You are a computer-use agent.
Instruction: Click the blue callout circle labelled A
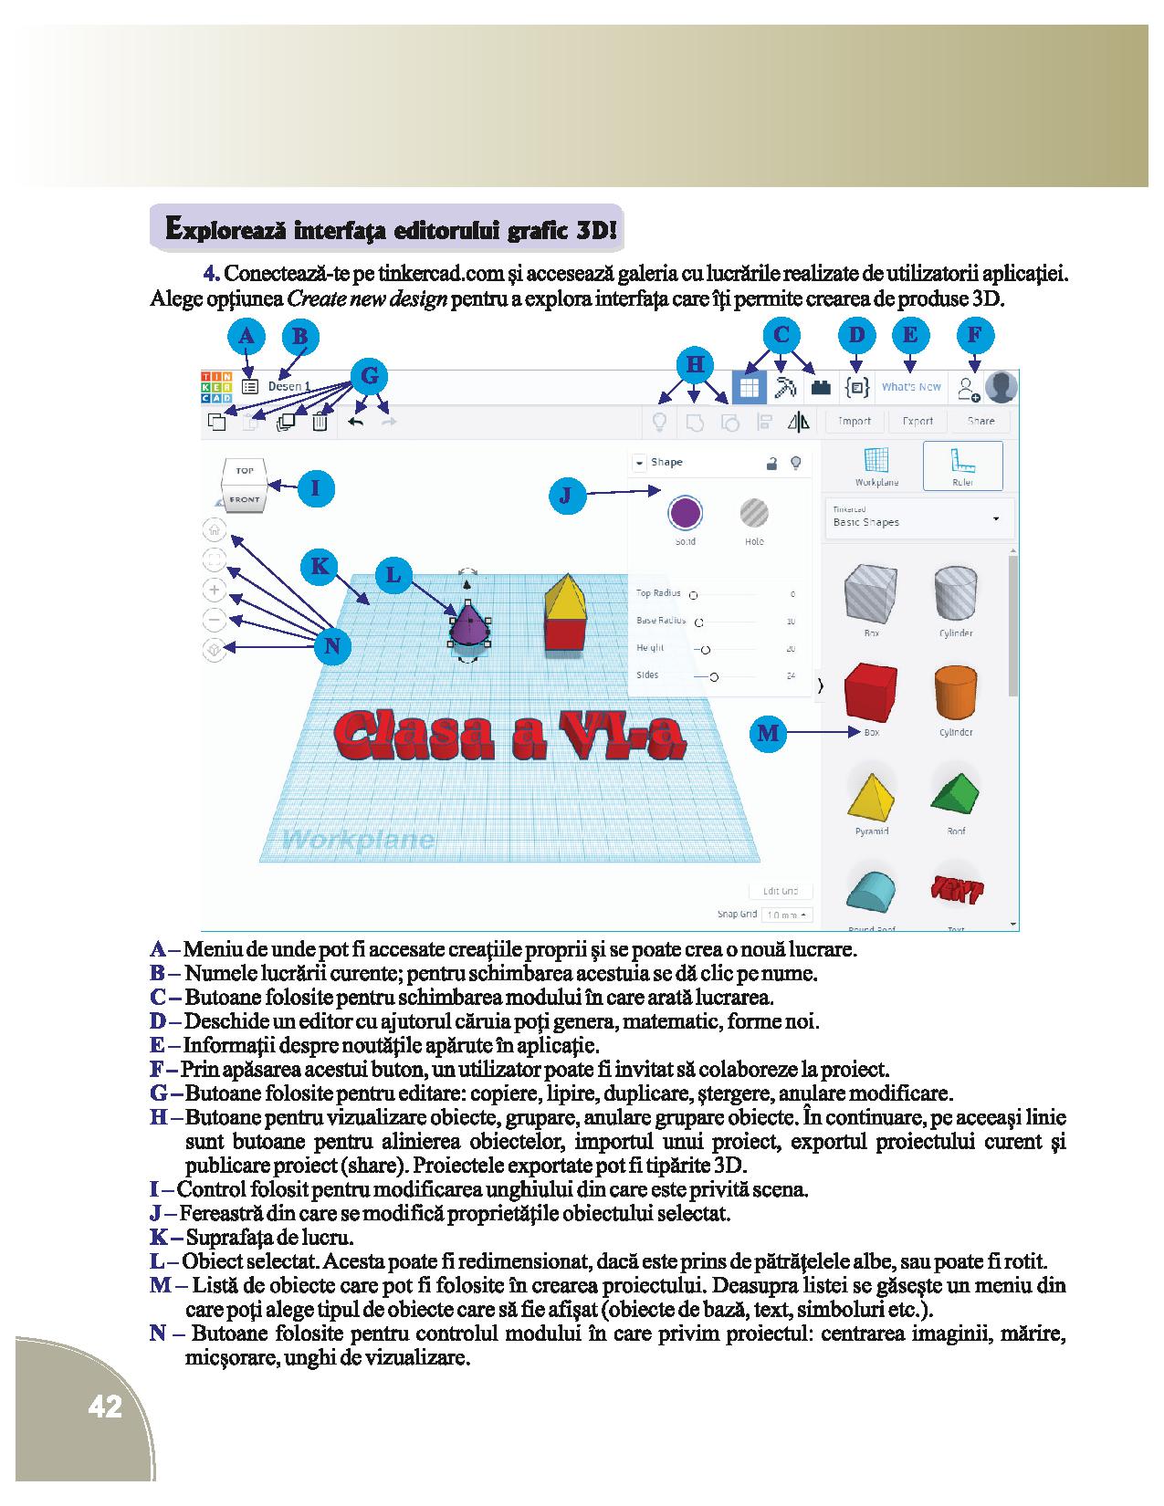[x=246, y=337]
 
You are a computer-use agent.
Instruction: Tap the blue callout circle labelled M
[x=769, y=732]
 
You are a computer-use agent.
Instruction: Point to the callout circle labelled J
[x=566, y=496]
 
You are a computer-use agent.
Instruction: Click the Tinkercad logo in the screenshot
[x=216, y=386]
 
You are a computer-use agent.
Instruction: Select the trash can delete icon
[x=320, y=422]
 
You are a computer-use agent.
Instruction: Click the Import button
[x=855, y=421]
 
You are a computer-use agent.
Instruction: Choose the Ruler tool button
[x=962, y=467]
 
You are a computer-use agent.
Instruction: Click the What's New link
[x=911, y=387]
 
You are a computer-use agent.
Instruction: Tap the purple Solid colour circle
[x=685, y=513]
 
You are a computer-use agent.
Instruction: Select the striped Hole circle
[x=754, y=513]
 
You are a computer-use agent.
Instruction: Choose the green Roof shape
[x=955, y=792]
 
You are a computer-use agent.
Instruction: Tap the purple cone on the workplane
[x=467, y=627]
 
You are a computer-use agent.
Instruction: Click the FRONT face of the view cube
[x=245, y=499]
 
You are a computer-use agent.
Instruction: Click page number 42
[x=105, y=1407]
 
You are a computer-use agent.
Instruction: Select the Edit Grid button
[x=780, y=891]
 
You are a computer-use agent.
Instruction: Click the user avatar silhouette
[x=1001, y=387]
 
